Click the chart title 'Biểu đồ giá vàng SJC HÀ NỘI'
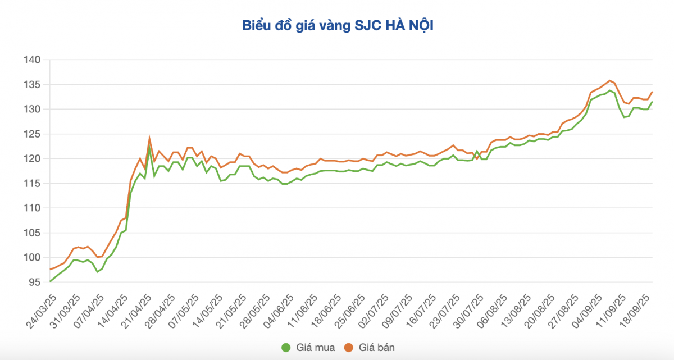point(337,25)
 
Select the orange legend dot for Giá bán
point(348,348)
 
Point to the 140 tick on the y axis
point(33,60)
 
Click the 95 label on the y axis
point(35,282)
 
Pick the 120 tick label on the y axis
point(33,158)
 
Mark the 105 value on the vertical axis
point(33,233)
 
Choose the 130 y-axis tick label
point(33,109)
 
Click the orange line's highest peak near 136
point(609,80)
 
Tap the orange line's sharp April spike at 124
point(149,138)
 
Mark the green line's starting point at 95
point(50,281)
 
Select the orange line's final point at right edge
point(652,92)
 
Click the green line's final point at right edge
point(652,102)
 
